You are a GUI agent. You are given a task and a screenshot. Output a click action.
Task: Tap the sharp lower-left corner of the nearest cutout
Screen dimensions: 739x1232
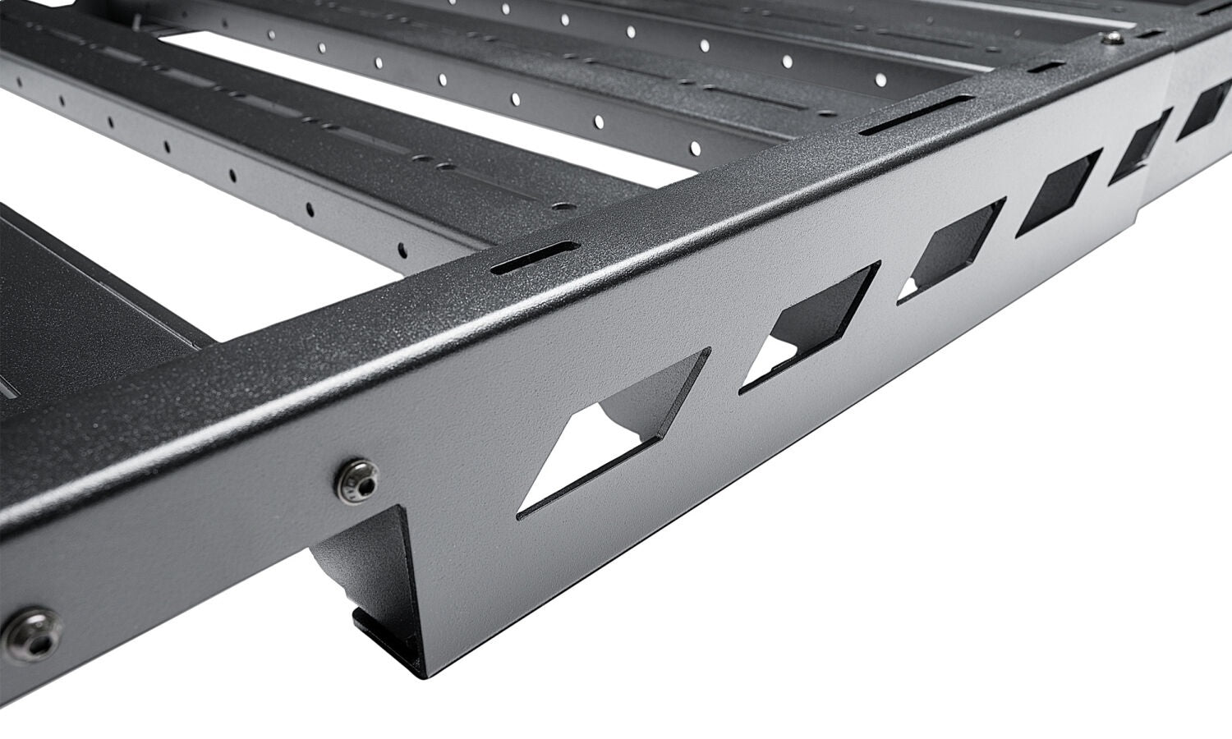[519, 517]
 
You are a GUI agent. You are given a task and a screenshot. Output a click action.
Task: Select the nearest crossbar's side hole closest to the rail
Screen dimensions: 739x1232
[402, 246]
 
